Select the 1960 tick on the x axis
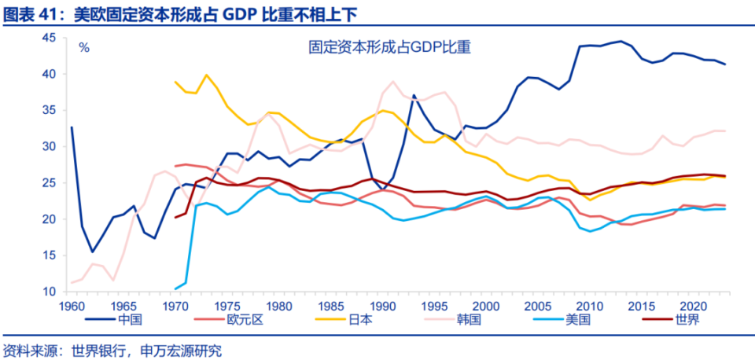pyautogui.click(x=72, y=305)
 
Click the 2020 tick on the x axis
pyautogui.click(x=691, y=305)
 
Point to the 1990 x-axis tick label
pyautogui.click(x=381, y=305)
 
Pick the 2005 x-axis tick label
pyautogui.click(x=536, y=305)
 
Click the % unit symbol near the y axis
pyautogui.click(x=84, y=47)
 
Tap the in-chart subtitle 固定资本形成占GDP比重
pyautogui.click(x=389, y=47)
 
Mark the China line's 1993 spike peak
pyautogui.click(x=414, y=95)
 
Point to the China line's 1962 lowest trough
pyautogui.click(x=92, y=252)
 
